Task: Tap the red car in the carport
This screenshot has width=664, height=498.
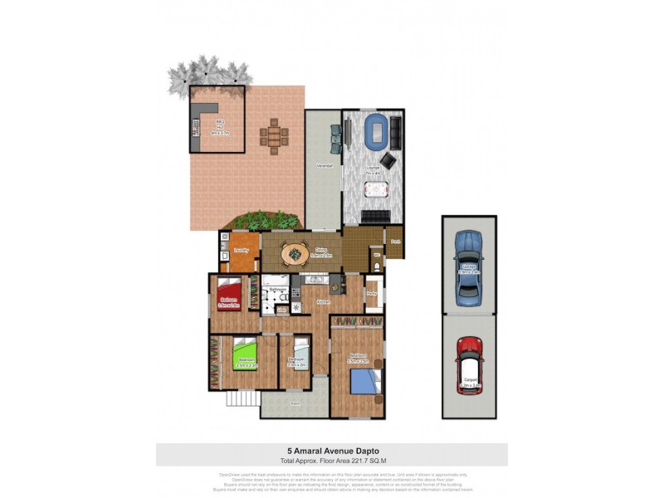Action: (x=470, y=364)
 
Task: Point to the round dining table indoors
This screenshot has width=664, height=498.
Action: (x=293, y=251)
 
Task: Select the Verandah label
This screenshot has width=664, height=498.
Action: (x=325, y=167)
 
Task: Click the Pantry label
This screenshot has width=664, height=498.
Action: (x=372, y=294)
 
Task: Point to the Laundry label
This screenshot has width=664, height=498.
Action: (x=242, y=249)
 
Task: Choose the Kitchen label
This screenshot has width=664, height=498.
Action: (x=324, y=302)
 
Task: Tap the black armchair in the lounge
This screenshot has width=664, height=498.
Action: (x=387, y=159)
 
